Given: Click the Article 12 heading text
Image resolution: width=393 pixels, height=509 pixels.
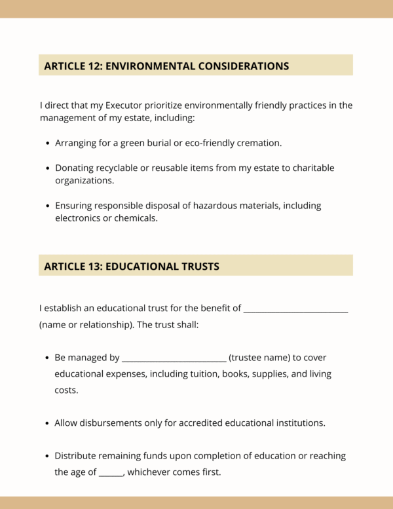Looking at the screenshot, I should point(166,66).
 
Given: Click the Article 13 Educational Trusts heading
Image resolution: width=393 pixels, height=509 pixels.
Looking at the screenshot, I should point(132,266).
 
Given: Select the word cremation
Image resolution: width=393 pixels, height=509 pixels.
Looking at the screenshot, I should point(259,142).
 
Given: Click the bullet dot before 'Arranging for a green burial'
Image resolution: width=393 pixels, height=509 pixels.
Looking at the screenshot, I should point(48,143).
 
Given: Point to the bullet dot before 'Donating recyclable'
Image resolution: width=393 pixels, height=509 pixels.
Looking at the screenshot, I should point(48,168).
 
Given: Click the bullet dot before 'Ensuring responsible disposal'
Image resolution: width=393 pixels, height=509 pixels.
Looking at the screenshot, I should point(48,206).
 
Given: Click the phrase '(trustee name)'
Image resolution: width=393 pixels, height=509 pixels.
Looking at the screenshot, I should point(259,358).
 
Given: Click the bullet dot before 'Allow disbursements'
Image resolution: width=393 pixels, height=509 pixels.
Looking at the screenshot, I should point(48,423).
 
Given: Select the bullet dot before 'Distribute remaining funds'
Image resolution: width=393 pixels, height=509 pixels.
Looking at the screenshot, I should point(48,456).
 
